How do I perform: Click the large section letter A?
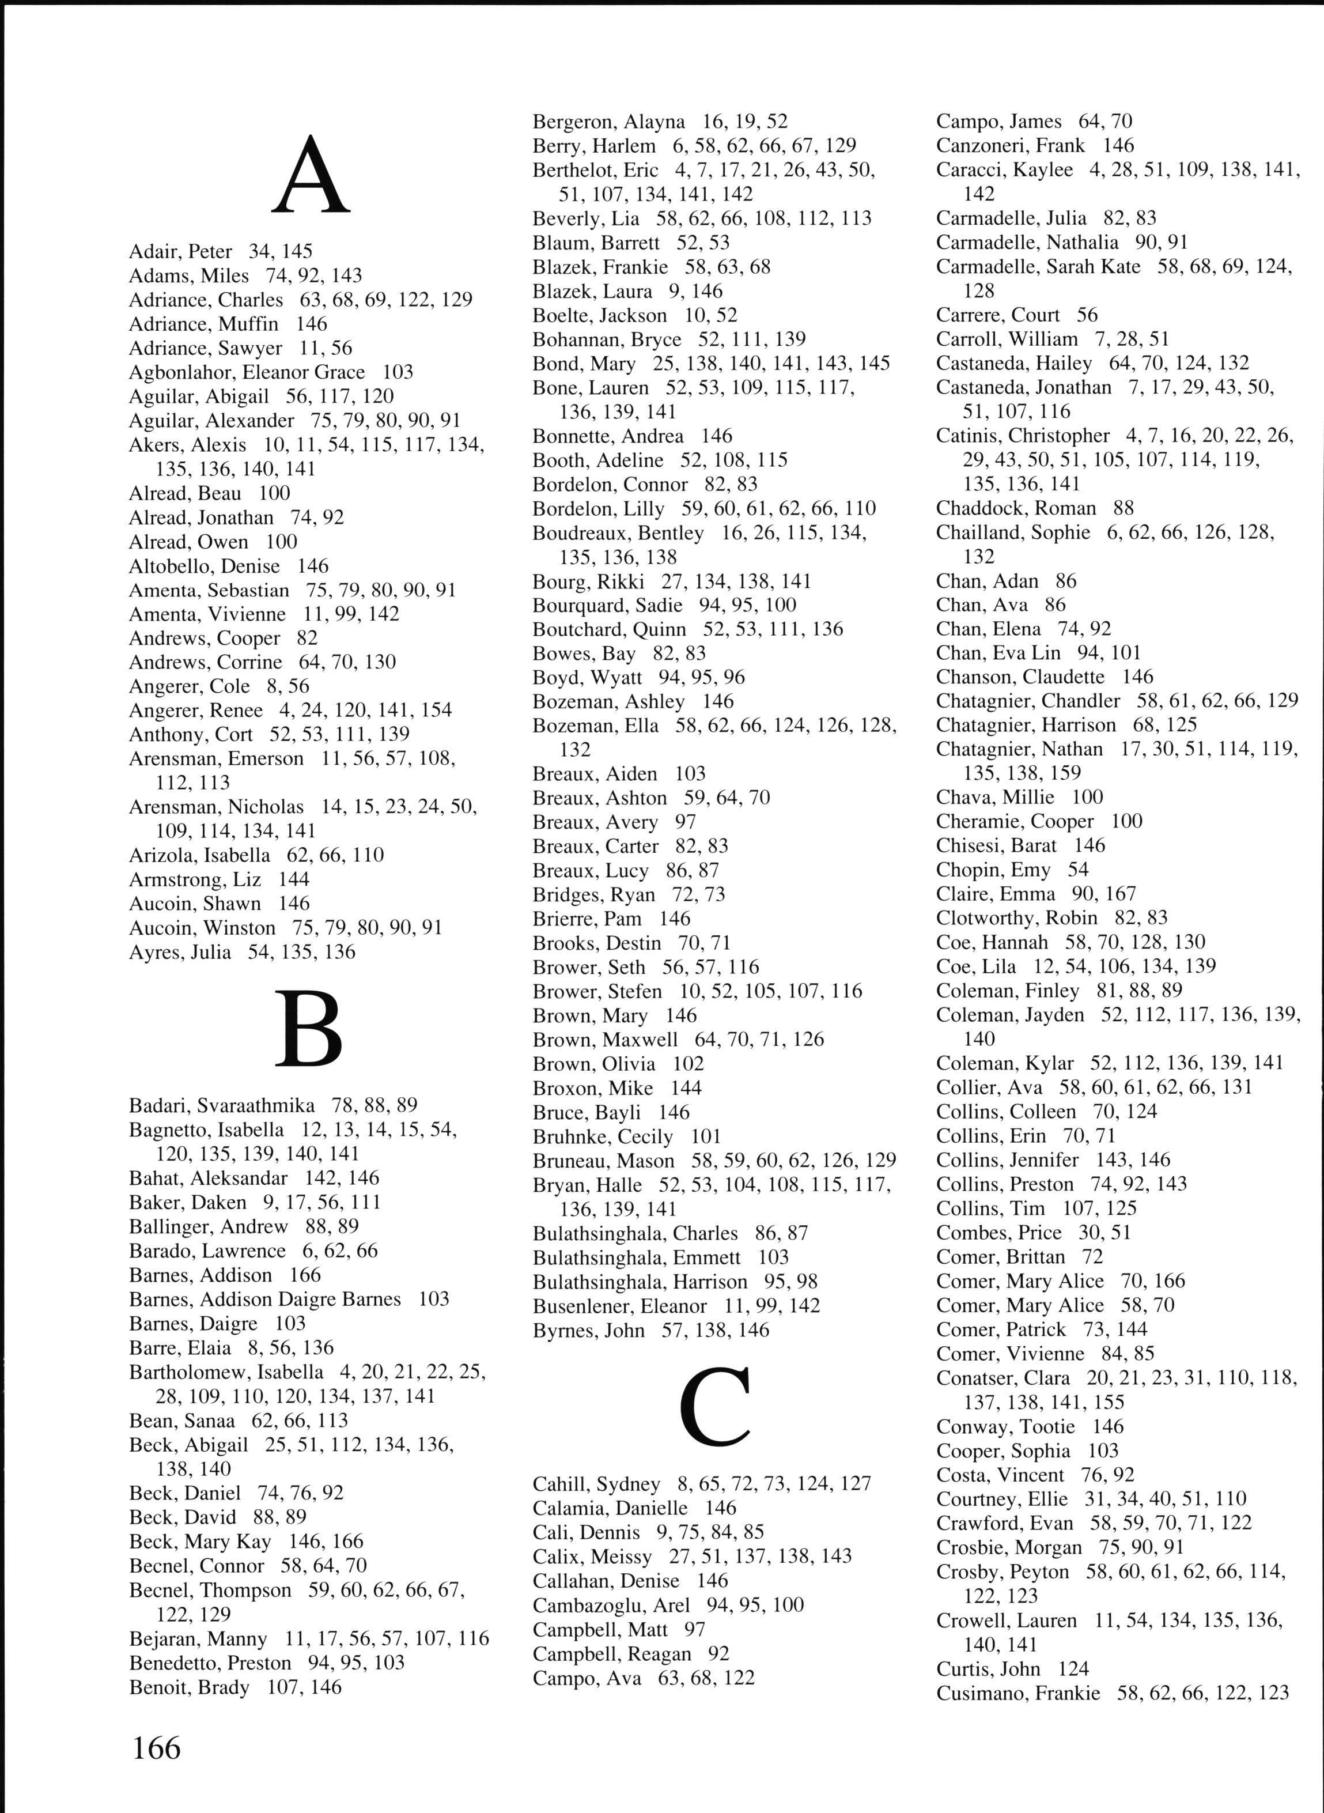311,176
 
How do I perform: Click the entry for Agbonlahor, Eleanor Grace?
247,372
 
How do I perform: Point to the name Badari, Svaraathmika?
222,1106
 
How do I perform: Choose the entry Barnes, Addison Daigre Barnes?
264,1299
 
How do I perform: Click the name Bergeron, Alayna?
609,122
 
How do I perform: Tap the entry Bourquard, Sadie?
607,605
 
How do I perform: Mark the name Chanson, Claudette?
1019,677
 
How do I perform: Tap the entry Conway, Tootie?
1005,1427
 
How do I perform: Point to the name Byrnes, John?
588,1331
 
